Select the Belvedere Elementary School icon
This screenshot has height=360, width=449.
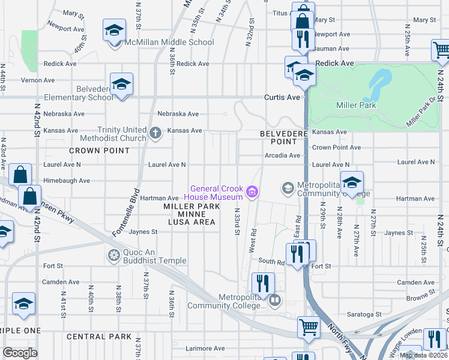tap(121, 85)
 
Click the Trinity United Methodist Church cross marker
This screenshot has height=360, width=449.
tap(155, 133)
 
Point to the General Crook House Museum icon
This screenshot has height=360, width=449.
tap(252, 192)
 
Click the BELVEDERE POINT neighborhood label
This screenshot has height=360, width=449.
tap(279, 137)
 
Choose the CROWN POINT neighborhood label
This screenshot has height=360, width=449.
tap(91, 151)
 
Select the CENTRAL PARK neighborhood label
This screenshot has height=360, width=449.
tap(99, 337)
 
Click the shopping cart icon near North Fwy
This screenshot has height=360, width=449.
tap(308, 328)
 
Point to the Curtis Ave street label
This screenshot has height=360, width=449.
tap(283, 97)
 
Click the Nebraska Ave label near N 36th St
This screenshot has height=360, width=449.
tap(178, 114)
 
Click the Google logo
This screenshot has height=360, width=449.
tap(20, 353)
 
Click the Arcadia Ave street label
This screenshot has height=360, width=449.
tap(282, 155)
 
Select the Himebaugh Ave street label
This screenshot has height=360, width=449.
tap(67, 180)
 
